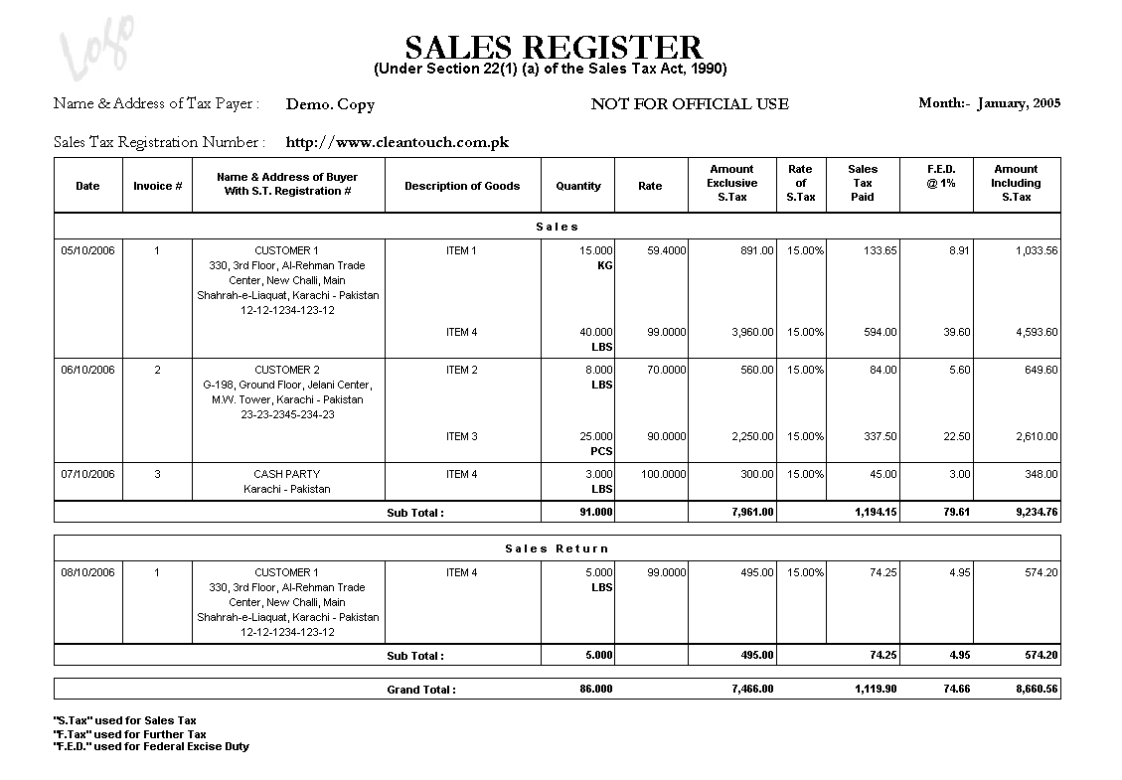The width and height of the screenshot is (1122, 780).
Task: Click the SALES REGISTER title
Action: point(554,47)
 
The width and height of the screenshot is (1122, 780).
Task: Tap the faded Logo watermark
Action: point(96,47)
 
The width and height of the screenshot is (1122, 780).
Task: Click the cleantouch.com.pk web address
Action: point(397,142)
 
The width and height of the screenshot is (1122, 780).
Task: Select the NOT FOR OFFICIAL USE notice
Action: point(689,103)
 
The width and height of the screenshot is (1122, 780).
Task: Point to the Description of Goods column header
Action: point(462,186)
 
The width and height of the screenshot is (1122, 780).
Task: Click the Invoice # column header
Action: point(157,186)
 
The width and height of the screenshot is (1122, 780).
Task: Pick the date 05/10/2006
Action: point(87,250)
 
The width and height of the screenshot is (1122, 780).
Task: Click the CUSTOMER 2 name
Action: point(287,370)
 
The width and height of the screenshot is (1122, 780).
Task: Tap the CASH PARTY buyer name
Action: point(287,474)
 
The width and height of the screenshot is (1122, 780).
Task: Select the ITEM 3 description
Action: point(462,436)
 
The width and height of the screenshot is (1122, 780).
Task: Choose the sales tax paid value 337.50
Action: point(876,436)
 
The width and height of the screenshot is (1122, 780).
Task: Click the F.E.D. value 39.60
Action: point(957,332)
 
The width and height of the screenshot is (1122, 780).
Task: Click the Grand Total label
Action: point(421,689)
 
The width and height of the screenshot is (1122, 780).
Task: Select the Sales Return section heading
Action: point(557,548)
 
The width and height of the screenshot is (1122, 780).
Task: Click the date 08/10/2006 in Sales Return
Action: point(87,572)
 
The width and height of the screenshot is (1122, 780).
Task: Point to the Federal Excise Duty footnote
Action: point(151,746)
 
